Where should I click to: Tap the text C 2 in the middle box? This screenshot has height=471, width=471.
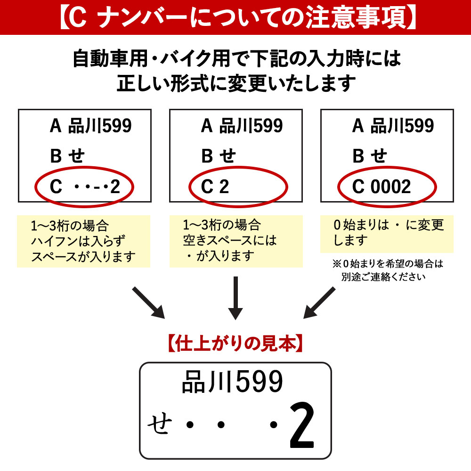[x=215, y=187]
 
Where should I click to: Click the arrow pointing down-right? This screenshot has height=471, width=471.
[x=148, y=303]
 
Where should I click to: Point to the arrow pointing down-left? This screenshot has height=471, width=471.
[x=319, y=303]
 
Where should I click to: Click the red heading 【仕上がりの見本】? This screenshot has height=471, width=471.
[x=235, y=343]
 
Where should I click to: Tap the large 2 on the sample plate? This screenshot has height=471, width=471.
[x=302, y=425]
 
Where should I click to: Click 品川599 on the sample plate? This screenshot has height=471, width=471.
[x=233, y=382]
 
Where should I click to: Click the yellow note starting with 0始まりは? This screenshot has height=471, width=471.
[x=387, y=234]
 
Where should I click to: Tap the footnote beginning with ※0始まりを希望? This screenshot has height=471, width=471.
[x=388, y=270]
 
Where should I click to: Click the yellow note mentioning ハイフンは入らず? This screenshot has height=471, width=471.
[x=83, y=241]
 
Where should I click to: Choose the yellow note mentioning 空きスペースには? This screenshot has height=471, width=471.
[x=236, y=241]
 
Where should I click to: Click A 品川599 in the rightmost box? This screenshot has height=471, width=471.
[x=393, y=126]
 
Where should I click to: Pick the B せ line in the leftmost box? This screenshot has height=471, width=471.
[x=67, y=156]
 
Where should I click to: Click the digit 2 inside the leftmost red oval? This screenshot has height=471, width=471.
[x=115, y=187]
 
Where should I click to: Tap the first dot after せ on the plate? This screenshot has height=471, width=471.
[x=190, y=424]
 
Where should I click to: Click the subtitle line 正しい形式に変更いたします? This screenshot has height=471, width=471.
[x=236, y=83]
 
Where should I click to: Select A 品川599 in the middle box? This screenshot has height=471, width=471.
[x=242, y=126]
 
